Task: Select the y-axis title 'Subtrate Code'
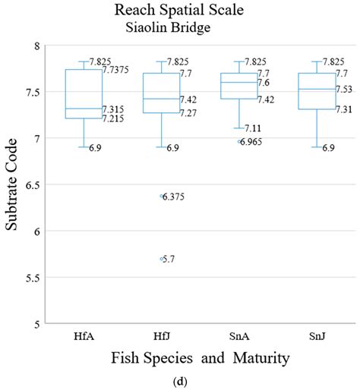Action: click(x=14, y=184)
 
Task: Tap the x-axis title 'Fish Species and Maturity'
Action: click(x=194, y=357)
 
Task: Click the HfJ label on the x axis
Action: click(x=161, y=335)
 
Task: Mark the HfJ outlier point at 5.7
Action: click(x=162, y=259)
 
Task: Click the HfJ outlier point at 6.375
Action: click(x=162, y=196)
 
